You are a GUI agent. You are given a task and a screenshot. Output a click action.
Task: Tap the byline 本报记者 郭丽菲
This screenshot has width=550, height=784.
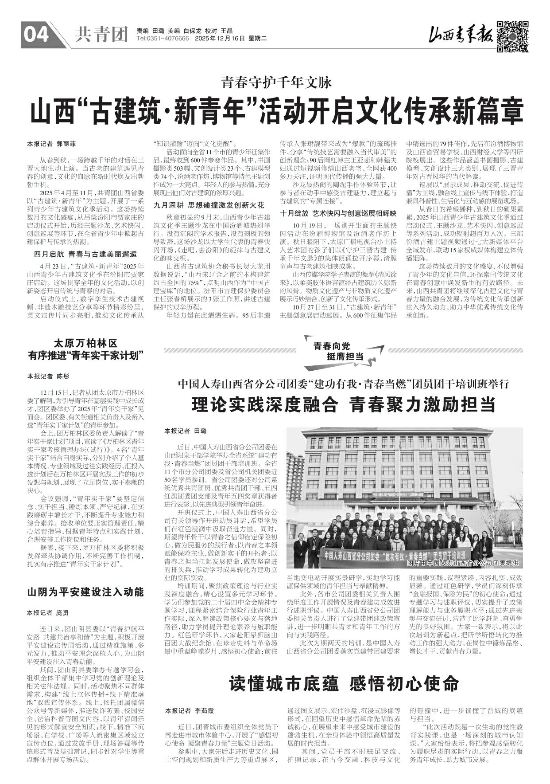point(51,144)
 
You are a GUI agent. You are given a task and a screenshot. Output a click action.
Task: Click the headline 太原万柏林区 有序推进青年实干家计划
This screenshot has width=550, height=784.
point(85,349)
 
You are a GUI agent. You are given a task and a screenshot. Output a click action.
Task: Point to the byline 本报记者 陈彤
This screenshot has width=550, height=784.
point(48,376)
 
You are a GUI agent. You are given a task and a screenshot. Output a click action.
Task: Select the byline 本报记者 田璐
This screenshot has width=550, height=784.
point(186,431)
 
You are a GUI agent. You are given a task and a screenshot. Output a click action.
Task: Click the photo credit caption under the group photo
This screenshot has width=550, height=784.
point(463,563)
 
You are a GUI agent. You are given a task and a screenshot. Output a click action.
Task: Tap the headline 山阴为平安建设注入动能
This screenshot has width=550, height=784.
point(85,592)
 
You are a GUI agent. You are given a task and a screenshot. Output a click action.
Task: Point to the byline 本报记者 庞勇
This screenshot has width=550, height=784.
point(48,613)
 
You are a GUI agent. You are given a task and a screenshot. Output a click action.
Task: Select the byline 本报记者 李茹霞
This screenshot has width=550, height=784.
point(189,710)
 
